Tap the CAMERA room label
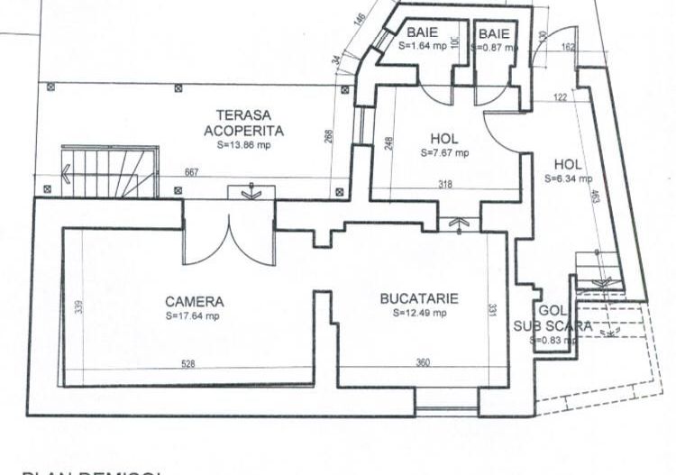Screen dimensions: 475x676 (194, 302)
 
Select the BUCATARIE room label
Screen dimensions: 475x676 (419, 298)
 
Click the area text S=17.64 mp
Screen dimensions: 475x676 (192, 316)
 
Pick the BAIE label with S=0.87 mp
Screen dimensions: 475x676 (494, 32)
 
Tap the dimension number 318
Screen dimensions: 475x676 (445, 184)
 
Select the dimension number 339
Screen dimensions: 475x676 (79, 306)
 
